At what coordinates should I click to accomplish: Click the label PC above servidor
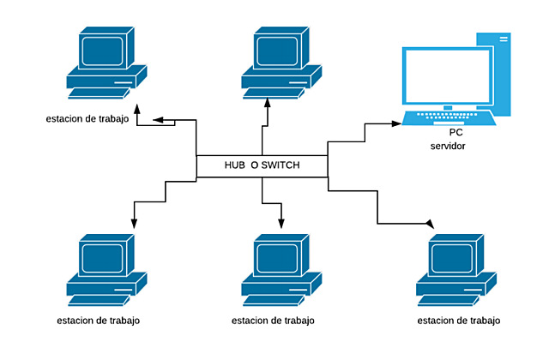point(455,133)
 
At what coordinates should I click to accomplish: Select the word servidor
point(448,147)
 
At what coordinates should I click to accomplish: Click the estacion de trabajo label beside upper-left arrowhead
point(87,118)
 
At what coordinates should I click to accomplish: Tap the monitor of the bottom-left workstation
point(102,258)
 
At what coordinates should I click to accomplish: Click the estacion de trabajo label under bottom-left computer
point(100,321)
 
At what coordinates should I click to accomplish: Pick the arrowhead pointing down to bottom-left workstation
point(133,223)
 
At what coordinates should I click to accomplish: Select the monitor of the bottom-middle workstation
point(277,258)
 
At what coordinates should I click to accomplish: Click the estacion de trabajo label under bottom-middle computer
point(273,321)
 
